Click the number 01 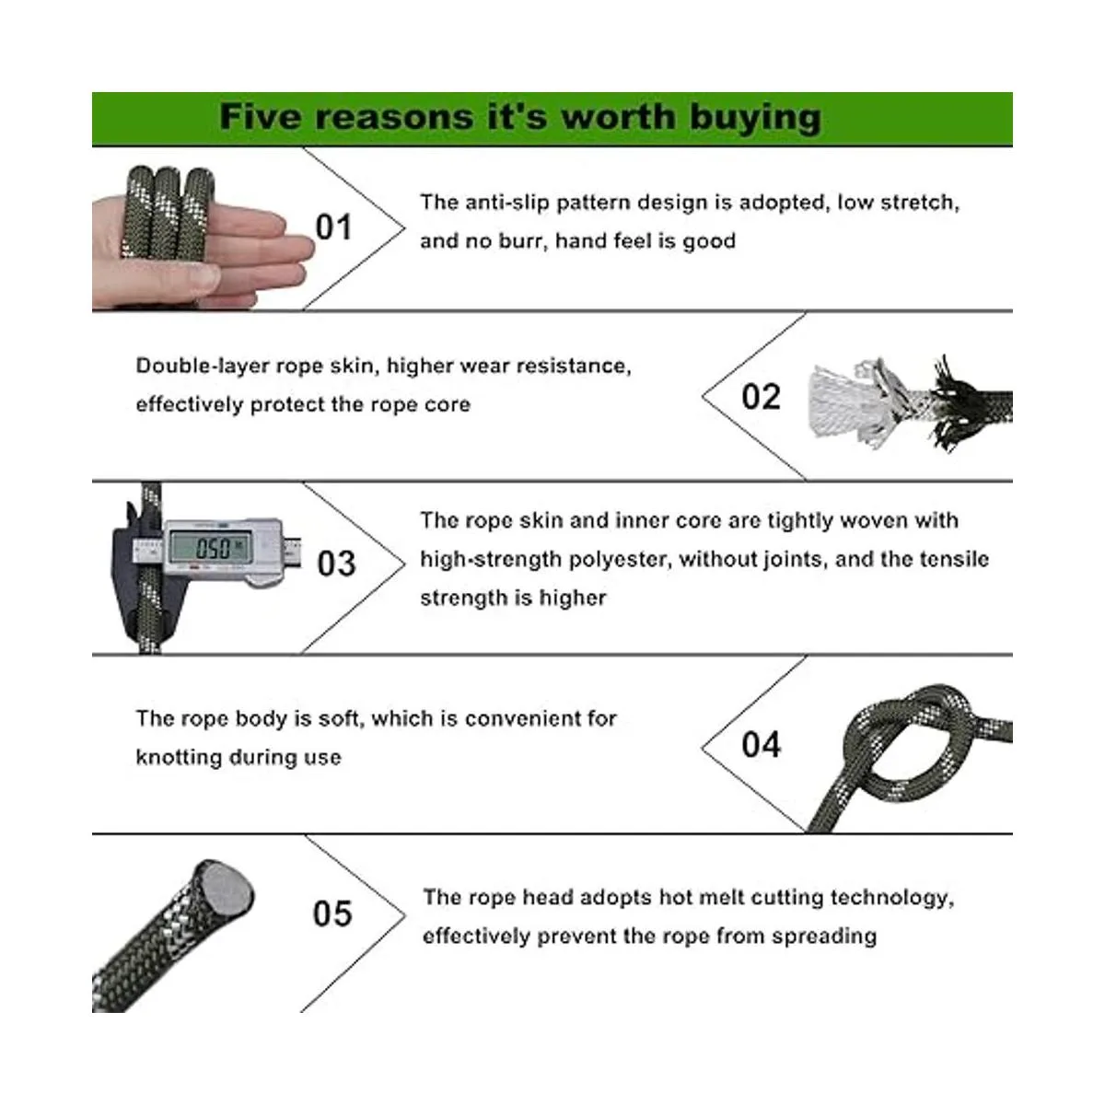click(333, 227)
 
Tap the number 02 click(761, 397)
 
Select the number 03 click(337, 564)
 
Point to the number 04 click(761, 745)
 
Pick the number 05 click(332, 913)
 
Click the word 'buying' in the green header click(755, 119)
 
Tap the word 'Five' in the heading click(261, 117)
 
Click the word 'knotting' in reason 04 click(179, 758)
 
